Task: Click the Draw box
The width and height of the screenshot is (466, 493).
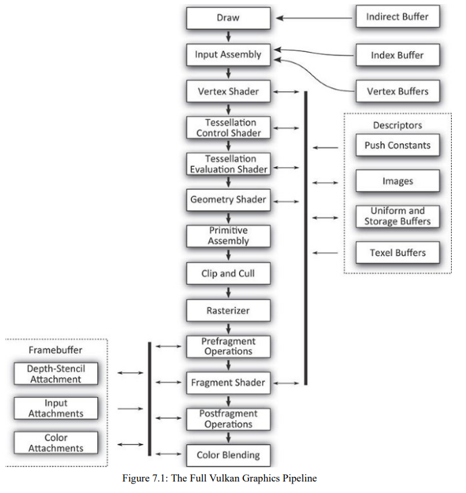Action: click(228, 18)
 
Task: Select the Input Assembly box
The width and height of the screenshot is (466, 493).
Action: click(228, 55)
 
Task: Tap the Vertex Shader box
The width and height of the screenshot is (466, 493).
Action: click(228, 91)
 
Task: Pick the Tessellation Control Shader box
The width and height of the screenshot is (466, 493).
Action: click(228, 128)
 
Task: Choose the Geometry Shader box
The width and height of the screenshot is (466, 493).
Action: click(228, 200)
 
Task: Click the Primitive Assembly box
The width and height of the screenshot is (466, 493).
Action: click(228, 236)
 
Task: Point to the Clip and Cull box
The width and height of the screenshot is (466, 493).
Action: click(228, 274)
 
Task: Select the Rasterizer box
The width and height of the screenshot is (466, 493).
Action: click(228, 310)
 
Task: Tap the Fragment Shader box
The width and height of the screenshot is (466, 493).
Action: click(228, 383)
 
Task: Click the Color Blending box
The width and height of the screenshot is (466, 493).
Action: click(228, 455)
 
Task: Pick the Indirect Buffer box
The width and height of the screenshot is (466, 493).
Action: click(397, 17)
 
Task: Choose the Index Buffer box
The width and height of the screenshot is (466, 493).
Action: click(397, 55)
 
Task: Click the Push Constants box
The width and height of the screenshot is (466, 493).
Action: click(397, 145)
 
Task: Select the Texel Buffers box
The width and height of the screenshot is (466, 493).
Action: click(397, 253)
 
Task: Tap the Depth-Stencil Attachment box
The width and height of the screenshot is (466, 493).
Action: click(55, 374)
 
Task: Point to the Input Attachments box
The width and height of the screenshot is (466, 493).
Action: click(55, 409)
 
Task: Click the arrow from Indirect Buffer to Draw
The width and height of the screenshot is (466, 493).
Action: click(313, 18)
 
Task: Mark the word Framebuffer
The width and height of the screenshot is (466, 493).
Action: click(55, 350)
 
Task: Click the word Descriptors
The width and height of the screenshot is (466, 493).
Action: click(397, 126)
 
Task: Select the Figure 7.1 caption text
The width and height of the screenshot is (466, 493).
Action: click(219, 479)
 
